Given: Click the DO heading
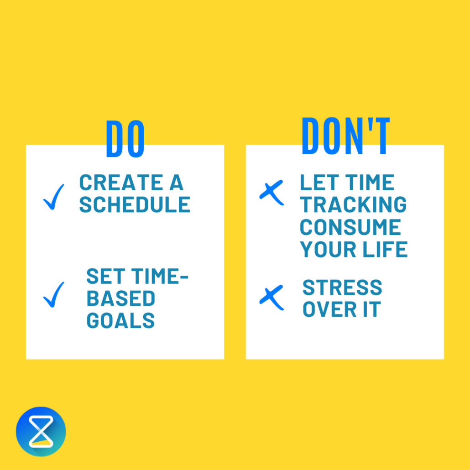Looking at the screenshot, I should pyautogui.click(x=125, y=139).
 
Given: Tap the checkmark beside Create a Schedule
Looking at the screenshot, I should pyautogui.click(x=54, y=197).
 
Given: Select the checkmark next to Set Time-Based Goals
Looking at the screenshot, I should pyautogui.click(x=54, y=294).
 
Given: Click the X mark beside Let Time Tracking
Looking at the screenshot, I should pyautogui.click(x=272, y=192).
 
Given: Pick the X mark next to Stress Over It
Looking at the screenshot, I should pyautogui.click(x=272, y=298).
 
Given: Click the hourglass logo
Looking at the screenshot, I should pyautogui.click(x=41, y=431).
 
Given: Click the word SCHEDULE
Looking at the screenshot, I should pyautogui.click(x=135, y=205).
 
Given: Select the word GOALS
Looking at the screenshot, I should pyautogui.click(x=120, y=321).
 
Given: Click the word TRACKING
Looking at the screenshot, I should pyautogui.click(x=353, y=205).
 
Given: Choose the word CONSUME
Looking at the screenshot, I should pyautogui.click(x=350, y=227).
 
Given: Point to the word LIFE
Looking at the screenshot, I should pyautogui.click(x=389, y=250).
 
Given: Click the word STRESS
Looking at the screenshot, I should pyautogui.click(x=342, y=288).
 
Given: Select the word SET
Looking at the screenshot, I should pyautogui.click(x=102, y=277).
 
